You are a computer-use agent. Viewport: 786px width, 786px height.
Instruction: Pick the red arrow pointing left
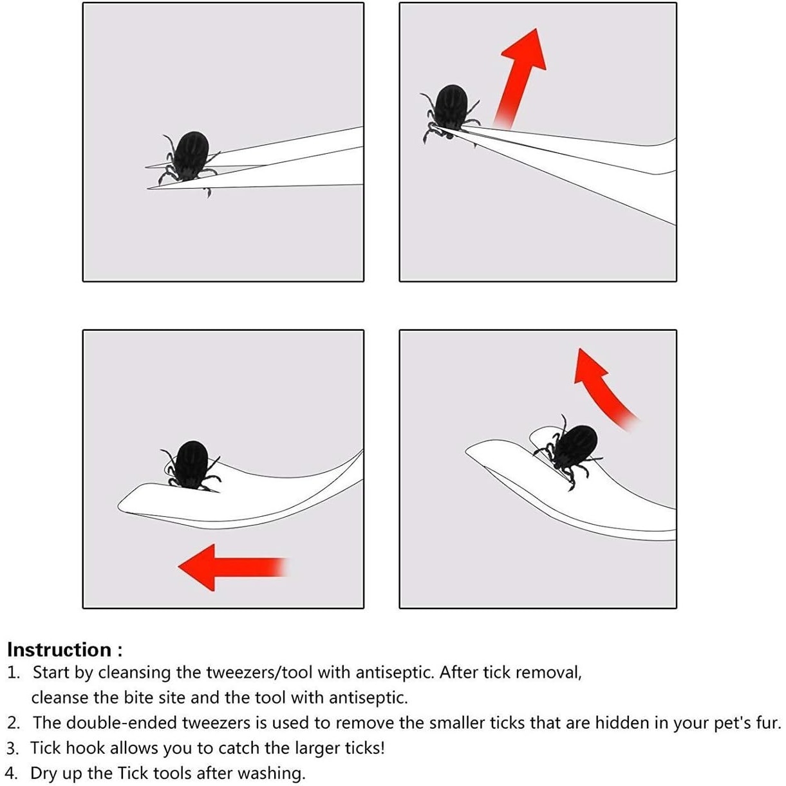pyautogui.click(x=232, y=567)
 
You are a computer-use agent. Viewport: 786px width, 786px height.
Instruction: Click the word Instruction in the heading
pyautogui.click(x=60, y=650)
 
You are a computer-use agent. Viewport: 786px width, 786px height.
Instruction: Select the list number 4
pyautogui.click(x=13, y=773)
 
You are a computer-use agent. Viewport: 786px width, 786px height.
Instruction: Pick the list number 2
pyautogui.click(x=13, y=723)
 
